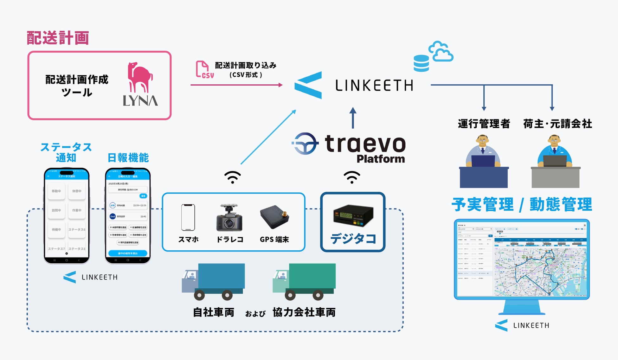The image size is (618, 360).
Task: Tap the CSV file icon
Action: (x=203, y=69)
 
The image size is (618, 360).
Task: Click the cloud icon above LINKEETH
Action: (x=441, y=51)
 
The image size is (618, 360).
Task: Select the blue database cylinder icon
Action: (x=421, y=63)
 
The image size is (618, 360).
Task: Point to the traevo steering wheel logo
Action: (x=305, y=144)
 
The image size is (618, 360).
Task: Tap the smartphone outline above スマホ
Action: (x=188, y=217)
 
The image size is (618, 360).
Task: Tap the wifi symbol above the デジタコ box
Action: (x=352, y=177)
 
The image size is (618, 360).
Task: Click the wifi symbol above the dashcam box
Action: (x=233, y=177)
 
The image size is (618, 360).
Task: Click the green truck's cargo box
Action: (x=312, y=276)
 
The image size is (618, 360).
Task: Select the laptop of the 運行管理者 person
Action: (x=483, y=161)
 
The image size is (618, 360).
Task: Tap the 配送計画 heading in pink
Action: (x=58, y=38)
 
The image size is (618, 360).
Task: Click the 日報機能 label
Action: (x=128, y=157)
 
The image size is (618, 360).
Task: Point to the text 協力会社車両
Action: (x=304, y=312)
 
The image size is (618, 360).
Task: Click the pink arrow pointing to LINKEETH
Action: (x=236, y=85)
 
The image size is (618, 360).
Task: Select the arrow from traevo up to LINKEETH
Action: (x=353, y=118)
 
